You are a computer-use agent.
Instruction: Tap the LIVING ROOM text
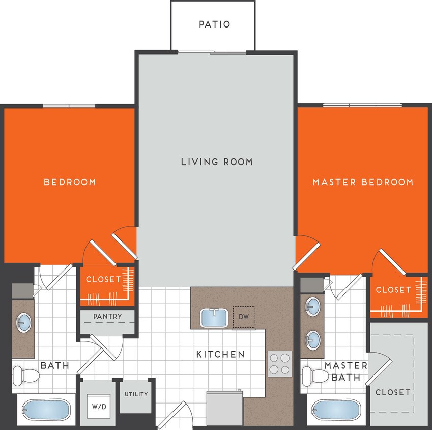tap(217, 162)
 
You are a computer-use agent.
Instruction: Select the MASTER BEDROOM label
tap(363, 182)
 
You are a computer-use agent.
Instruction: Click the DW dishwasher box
tap(243, 316)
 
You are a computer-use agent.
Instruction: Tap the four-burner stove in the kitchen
tap(280, 364)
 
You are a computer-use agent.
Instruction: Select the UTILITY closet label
tap(136, 394)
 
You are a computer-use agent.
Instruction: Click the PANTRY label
tap(107, 316)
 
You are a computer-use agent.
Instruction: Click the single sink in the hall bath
tap(23, 322)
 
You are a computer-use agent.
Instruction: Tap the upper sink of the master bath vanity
tap(312, 306)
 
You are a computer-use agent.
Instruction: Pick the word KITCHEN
tap(221, 354)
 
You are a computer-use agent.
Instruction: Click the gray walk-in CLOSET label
tap(392, 392)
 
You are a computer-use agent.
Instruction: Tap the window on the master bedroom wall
tap(362, 105)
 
